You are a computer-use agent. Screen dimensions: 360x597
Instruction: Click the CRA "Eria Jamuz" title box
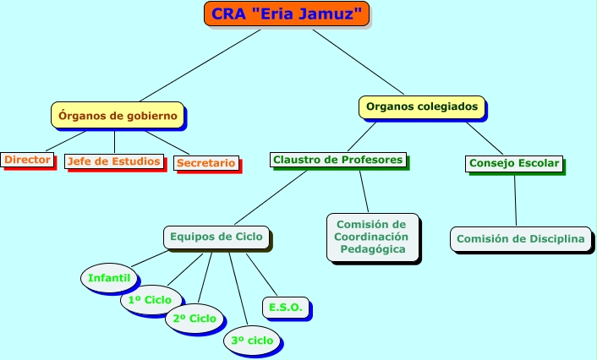coord(287,14)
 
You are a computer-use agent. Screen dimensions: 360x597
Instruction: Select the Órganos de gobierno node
coord(118,115)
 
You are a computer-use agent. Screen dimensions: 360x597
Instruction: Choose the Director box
coord(27,159)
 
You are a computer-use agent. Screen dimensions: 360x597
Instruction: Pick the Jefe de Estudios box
coord(113,161)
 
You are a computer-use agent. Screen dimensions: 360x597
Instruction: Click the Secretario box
coord(206,162)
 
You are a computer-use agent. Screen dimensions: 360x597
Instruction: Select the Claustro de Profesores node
coord(338,159)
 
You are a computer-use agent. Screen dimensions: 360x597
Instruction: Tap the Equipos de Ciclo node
coord(216,237)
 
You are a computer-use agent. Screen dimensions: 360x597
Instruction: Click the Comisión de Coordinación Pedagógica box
coord(372,237)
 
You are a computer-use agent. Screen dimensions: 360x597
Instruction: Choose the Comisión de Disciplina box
coord(520,239)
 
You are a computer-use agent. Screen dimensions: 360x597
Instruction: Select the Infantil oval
coord(108,277)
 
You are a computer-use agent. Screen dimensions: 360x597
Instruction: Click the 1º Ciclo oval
coord(150,300)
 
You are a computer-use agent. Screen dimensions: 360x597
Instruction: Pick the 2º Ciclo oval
coord(195,319)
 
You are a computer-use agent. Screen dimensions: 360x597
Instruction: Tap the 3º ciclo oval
coord(252,340)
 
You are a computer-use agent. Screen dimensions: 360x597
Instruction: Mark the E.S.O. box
coord(286,307)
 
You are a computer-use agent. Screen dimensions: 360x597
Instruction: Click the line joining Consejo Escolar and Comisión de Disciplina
coord(515,199)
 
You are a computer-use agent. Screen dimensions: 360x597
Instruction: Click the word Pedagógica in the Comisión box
coord(372,249)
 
